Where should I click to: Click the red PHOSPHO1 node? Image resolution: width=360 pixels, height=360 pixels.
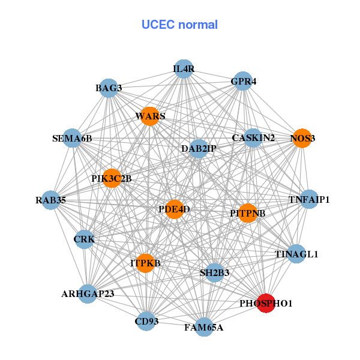[x=265, y=303]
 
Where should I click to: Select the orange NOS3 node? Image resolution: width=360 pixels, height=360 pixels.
[x=302, y=139]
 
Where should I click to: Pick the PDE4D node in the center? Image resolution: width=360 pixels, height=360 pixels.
[x=174, y=209]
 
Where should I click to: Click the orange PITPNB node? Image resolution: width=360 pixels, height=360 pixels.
[x=247, y=213]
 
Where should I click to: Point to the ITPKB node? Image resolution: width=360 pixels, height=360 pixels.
[x=145, y=263]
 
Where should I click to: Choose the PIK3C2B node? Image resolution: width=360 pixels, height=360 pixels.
[x=112, y=178]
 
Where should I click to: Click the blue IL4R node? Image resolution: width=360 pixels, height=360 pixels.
[x=184, y=69]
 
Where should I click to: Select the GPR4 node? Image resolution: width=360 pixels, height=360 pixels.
[x=242, y=81]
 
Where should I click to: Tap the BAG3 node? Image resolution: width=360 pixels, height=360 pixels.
[x=108, y=88]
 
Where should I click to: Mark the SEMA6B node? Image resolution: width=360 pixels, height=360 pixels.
[x=73, y=139]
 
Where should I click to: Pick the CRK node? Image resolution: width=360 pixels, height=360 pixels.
[x=85, y=239]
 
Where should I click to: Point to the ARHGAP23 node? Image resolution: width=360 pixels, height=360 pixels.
[x=88, y=293]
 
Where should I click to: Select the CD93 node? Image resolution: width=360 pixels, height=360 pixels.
[x=146, y=322]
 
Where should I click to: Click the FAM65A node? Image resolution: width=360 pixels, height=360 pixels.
[x=204, y=327]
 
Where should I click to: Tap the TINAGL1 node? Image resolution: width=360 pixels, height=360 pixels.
[x=296, y=254]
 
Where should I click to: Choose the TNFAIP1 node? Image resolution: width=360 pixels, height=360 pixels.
[x=308, y=199]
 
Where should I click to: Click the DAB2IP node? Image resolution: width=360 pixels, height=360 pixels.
[x=199, y=148]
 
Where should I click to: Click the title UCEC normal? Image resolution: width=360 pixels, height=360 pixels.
[x=179, y=25]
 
